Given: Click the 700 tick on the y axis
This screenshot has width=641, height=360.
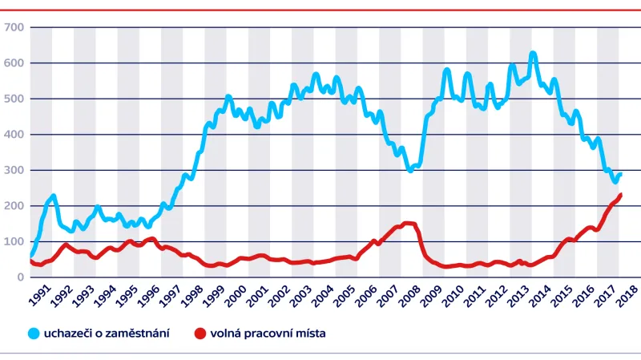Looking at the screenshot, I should tap(15, 27).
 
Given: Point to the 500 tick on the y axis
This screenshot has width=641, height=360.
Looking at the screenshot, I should tap(15, 99).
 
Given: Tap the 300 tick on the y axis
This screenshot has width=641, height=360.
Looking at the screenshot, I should tap(15, 170).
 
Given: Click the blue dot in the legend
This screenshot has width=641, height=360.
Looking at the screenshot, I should tap(34, 332).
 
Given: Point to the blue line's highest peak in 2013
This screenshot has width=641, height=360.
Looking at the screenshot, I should tap(533, 55).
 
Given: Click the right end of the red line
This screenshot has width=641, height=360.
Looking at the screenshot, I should tap(620, 195).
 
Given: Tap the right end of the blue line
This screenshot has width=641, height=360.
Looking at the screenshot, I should tap(619, 174).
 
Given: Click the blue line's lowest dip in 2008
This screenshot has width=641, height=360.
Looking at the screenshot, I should tap(410, 170).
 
